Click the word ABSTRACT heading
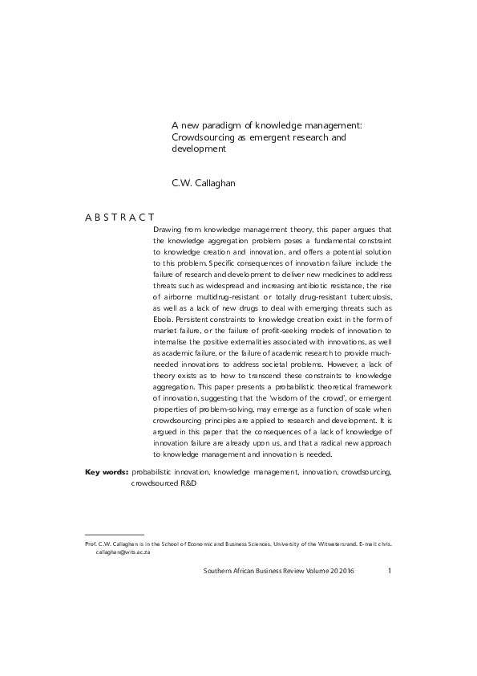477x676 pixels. click(119, 218)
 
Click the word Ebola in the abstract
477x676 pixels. click(164, 319)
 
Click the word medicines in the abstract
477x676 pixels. click(346, 274)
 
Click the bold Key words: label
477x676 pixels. click(106, 473)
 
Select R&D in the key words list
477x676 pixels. click(188, 484)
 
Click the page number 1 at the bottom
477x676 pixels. click(389, 571)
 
